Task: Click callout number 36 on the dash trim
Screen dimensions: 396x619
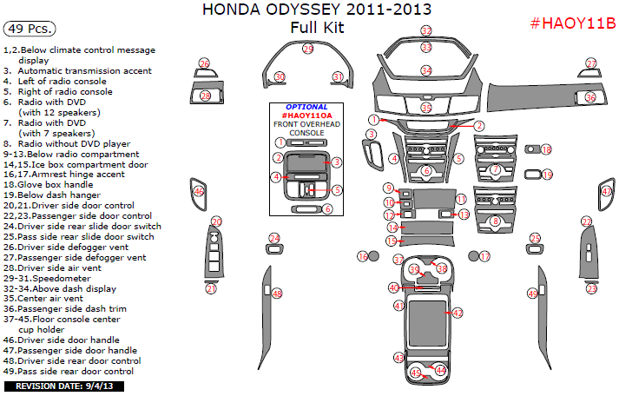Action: coord(590,98)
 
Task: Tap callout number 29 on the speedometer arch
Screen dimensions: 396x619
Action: coord(307,49)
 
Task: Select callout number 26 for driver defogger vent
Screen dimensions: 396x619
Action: coord(204,63)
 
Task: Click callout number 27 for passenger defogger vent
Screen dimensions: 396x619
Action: coord(591,63)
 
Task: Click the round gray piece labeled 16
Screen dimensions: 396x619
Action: coord(373,256)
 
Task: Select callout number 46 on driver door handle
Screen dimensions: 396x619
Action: coord(199,191)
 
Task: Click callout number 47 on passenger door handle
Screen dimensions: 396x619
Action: coord(606,191)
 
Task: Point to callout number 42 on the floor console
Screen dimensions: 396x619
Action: coord(457,312)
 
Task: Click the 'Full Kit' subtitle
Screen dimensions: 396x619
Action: coord(317,27)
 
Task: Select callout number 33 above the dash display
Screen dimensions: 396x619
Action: coord(426,30)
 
